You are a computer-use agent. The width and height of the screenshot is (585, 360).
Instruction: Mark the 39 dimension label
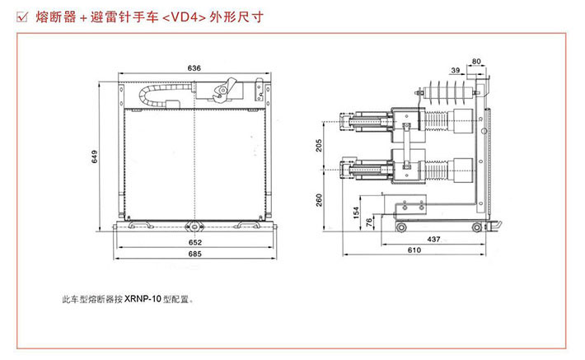point(456,72)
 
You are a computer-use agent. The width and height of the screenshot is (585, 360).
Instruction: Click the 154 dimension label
point(356,213)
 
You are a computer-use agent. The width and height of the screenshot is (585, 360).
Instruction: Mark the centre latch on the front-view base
point(195,224)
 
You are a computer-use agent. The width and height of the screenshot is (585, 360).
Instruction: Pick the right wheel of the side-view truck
point(475,226)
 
